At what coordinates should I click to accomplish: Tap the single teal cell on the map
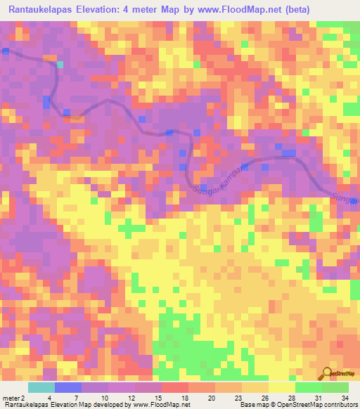point(60,64)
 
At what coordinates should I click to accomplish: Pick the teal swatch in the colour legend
point(41,387)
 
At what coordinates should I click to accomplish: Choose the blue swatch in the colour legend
point(67,387)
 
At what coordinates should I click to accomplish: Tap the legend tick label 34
point(343,398)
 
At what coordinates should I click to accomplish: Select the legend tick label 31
point(317,398)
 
